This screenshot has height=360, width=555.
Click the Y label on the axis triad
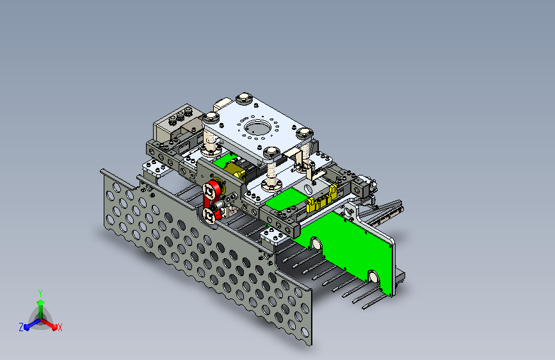coord(40,293)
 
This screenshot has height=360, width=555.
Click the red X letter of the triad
coord(60,327)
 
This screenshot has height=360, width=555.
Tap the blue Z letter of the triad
coord(21,327)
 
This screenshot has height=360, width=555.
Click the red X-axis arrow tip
coord(54,327)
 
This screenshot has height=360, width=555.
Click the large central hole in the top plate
coord(257,127)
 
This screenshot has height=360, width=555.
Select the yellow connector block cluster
coord(321,200)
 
